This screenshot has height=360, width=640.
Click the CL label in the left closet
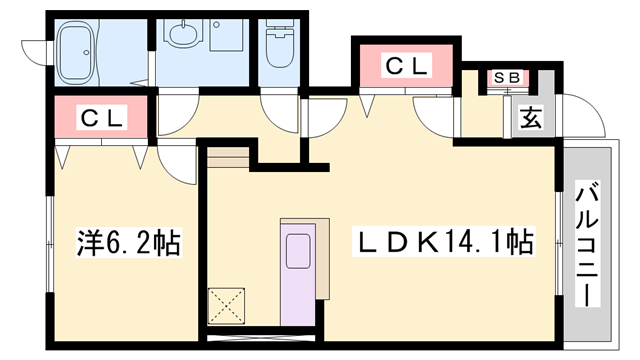pyautogui.click(x=102, y=118)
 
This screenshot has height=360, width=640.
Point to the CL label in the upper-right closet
pyautogui.click(x=407, y=67)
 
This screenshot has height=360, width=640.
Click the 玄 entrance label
pyautogui.click(x=529, y=119)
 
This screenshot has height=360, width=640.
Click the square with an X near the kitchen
pyautogui.click(x=226, y=302)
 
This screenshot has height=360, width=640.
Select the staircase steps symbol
pyautogui.click(x=228, y=157)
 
